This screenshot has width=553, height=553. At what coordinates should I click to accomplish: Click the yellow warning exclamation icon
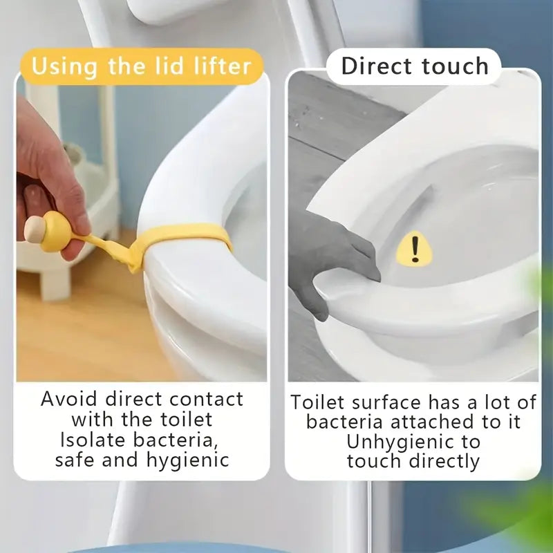point(414,248)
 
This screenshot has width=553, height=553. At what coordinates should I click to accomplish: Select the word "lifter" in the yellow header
point(223,67)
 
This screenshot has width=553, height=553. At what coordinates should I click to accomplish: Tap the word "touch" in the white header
point(456,66)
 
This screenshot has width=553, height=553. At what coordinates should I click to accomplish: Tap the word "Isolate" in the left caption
point(91,440)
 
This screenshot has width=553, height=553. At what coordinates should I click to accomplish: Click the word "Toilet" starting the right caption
point(317,402)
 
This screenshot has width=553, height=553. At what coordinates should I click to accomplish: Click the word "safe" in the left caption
point(78,460)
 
